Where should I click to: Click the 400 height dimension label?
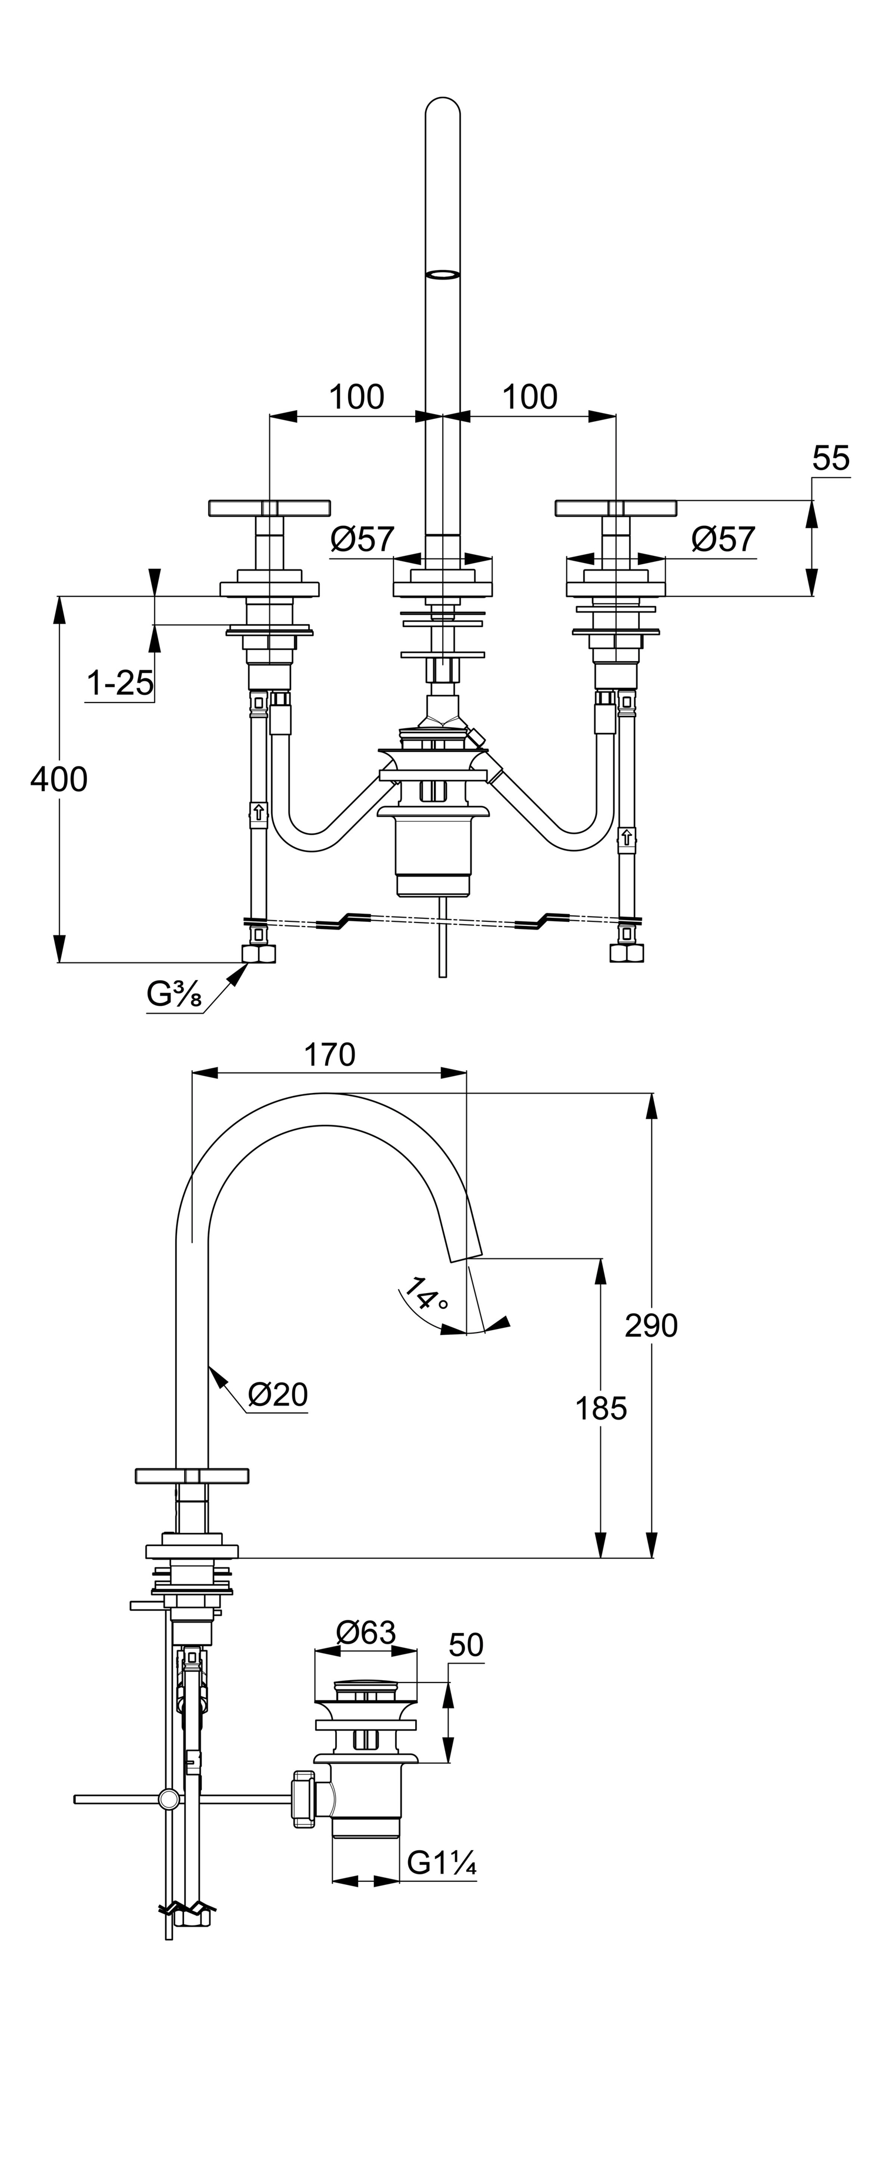59,779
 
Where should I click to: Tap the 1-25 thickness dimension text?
120,683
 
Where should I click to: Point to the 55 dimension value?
831,458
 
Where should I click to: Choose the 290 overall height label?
652,1325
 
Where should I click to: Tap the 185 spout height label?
601,1408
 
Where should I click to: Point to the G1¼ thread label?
442,1863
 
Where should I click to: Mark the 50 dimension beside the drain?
466,1645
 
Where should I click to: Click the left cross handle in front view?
269,508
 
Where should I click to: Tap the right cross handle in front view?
616,508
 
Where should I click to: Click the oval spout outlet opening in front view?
443,274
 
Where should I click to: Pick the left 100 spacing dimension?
357,397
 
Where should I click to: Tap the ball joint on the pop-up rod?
169,1798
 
